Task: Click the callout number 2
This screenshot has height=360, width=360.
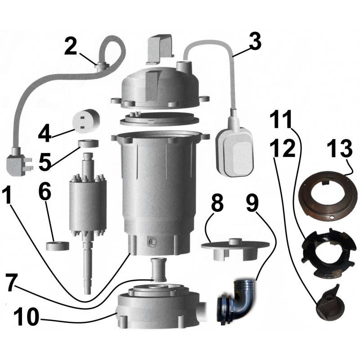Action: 71,46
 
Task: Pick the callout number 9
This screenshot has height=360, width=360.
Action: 252,202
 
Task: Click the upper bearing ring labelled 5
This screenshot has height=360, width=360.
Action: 88,144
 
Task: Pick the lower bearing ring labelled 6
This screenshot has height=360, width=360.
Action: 58,246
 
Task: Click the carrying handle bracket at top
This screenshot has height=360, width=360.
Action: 161,49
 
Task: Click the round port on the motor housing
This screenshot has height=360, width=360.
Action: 153,242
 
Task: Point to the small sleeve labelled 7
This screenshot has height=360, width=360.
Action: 158,269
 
